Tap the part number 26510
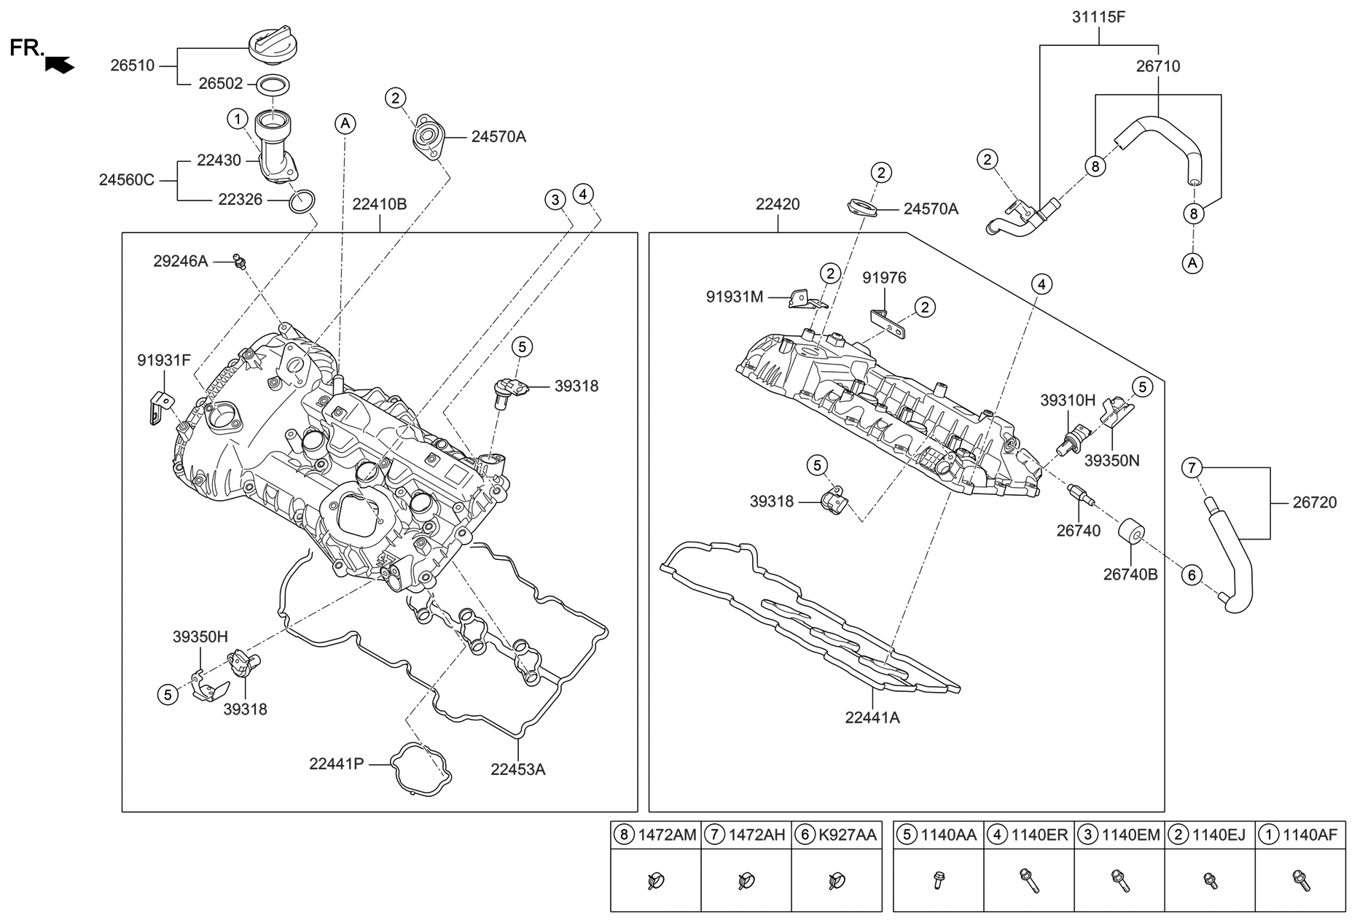tap(133, 66)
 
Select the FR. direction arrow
tap(59, 65)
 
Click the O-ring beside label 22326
tap(302, 201)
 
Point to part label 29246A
tap(181, 261)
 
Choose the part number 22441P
tap(336, 764)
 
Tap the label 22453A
tap(517, 769)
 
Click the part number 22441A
tap(872, 717)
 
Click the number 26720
tap(1315, 502)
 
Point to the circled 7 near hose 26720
tap(1192, 467)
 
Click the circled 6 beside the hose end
tap(1192, 575)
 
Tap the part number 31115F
tap(1098, 17)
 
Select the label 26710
tap(1158, 66)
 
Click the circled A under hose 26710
tap(1193, 262)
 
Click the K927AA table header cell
tap(837, 835)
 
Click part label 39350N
tap(1111, 461)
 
